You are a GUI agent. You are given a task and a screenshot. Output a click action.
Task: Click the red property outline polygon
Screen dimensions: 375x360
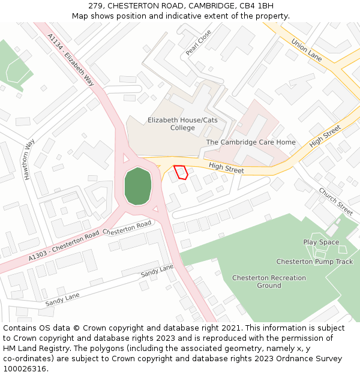point(181,172)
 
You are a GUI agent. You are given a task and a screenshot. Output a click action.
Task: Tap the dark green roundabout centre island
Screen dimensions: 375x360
point(137,186)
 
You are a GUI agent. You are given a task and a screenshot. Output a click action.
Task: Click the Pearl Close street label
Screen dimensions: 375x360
point(199,43)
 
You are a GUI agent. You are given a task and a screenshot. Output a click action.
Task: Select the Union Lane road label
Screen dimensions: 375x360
point(307,50)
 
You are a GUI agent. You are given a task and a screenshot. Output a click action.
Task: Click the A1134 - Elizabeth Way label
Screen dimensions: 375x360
point(71,60)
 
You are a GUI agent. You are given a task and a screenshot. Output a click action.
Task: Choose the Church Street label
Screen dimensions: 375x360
point(335,202)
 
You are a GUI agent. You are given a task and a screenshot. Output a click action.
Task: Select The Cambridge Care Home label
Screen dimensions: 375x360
point(251,142)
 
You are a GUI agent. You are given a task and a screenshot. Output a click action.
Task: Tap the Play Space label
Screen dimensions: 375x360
point(321,242)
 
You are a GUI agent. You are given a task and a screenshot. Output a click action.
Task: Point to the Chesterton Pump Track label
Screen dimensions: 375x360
point(314,262)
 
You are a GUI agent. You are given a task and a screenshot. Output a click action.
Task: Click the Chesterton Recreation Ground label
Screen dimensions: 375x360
point(269,281)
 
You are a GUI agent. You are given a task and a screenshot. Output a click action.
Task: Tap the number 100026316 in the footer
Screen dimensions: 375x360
point(25,369)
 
